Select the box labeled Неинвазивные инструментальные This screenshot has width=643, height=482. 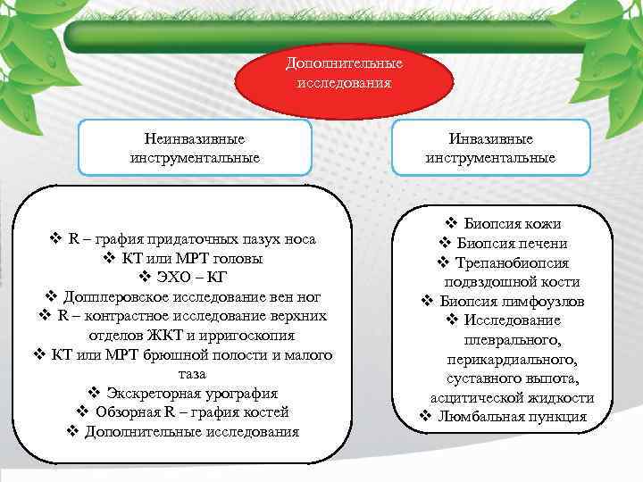(x=195, y=148)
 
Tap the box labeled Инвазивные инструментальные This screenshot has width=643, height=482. (x=490, y=148)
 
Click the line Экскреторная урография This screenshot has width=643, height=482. (x=192, y=393)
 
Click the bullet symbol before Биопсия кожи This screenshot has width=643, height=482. (x=451, y=224)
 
